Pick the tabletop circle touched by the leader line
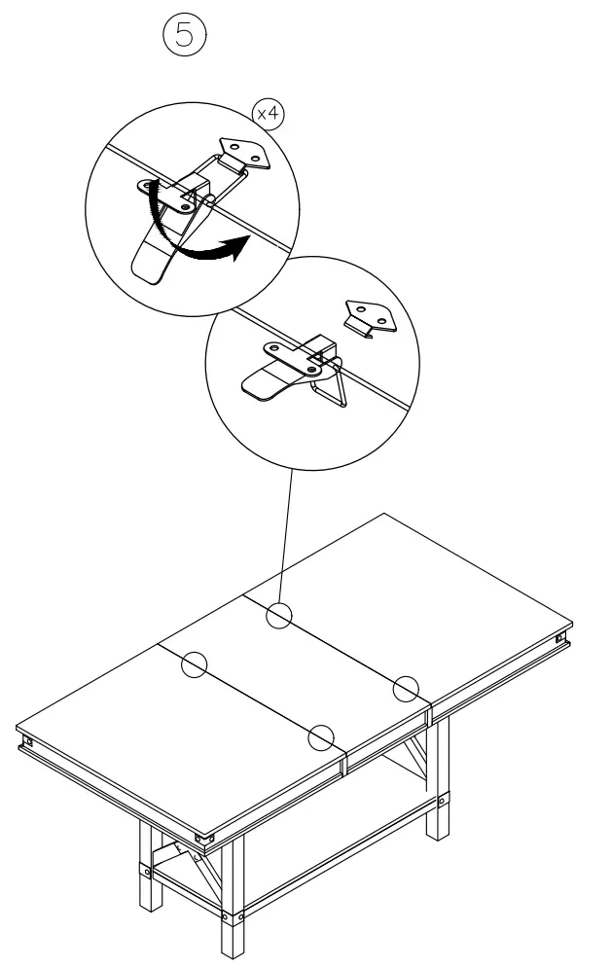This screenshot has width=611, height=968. coord(279,616)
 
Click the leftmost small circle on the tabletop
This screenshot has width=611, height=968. coord(194,663)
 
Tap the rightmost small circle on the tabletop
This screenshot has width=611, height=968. coord(406,688)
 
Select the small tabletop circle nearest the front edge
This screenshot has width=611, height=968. coord(321,738)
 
